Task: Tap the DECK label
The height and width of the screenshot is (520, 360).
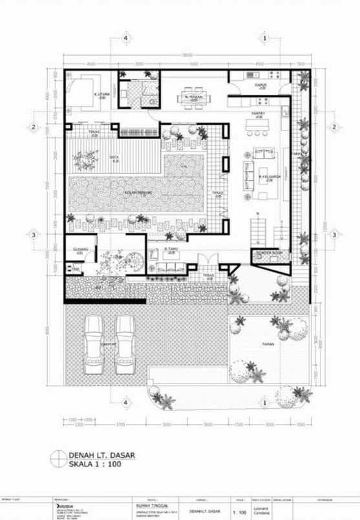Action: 114,157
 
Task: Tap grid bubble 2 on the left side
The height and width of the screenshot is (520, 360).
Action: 32,127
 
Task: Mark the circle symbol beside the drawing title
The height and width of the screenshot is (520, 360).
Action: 58,459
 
